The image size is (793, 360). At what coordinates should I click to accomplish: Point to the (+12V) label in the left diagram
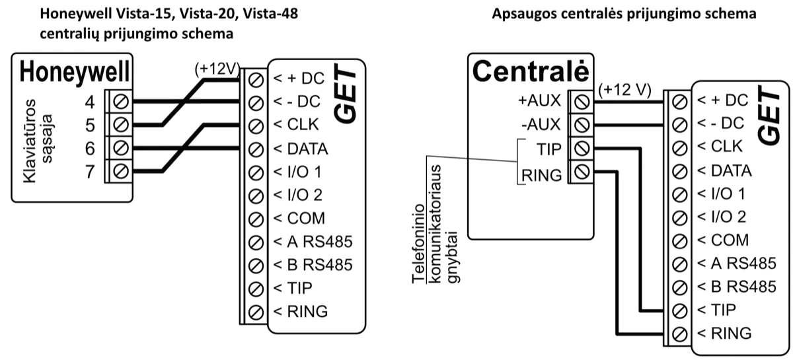[216, 69]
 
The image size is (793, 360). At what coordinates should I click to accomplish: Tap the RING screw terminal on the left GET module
[256, 311]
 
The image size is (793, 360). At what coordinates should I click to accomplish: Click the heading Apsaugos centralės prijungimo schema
[624, 13]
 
